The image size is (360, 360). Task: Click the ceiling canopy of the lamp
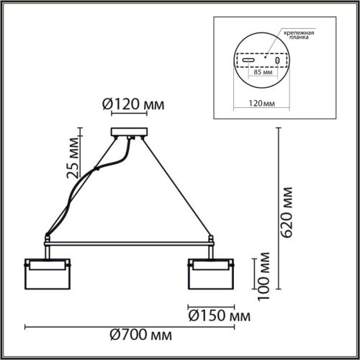(130, 133)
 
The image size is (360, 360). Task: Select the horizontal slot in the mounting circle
(248, 60)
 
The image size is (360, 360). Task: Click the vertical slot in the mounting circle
(289, 60)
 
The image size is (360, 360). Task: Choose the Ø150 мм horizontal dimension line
(208, 304)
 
